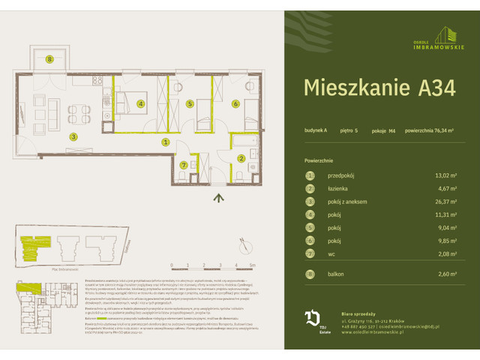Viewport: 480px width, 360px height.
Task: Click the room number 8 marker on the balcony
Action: pyautogui.click(x=49, y=59)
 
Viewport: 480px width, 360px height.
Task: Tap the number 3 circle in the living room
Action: pyautogui.click(x=73, y=136)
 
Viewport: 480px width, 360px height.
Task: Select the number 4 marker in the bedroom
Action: pyautogui.click(x=140, y=104)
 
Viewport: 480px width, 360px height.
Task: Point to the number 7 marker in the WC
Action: pyautogui.click(x=183, y=165)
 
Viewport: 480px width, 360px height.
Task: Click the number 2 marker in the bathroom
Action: pyautogui.click(x=241, y=158)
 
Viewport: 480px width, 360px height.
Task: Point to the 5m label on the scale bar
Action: pyautogui.click(x=253, y=265)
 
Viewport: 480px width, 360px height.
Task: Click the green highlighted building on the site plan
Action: pyautogui.click(x=34, y=244)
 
